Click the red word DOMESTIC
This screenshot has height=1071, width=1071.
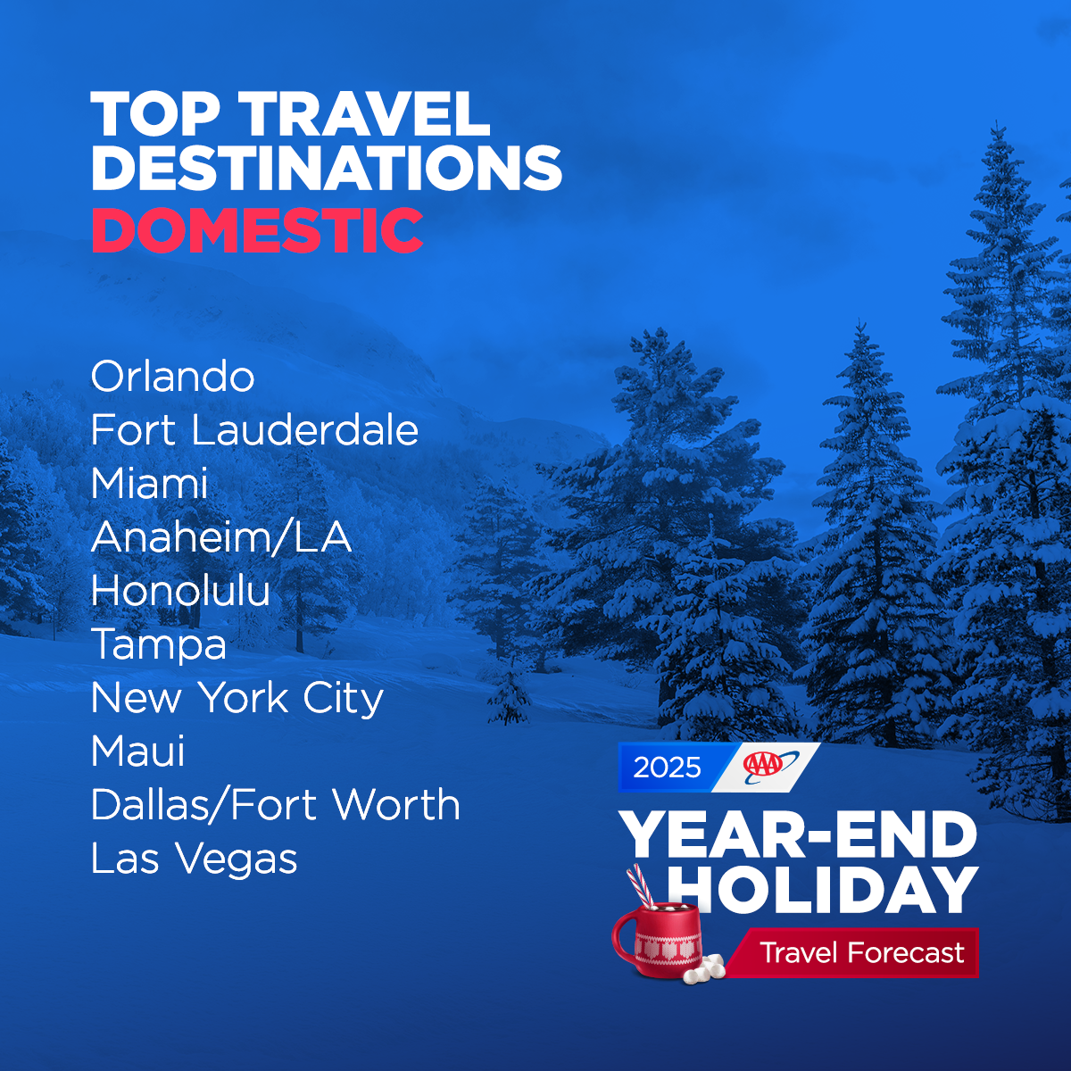257,230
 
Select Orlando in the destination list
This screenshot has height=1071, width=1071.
172,377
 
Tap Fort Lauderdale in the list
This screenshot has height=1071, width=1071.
254,430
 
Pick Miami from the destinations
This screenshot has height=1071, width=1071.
149,484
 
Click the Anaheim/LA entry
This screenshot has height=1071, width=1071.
221,537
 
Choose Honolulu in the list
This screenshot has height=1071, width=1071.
180,591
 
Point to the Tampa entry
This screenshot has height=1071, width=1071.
159,644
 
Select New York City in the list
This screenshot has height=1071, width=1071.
237,698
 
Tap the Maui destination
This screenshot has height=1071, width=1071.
138,751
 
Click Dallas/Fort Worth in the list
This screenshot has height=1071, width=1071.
276,805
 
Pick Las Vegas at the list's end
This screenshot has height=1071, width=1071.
194,859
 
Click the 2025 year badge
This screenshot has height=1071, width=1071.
668,768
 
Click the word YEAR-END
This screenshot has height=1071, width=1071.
799,836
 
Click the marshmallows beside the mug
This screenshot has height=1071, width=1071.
704,968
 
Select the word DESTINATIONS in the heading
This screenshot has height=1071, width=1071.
327,167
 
